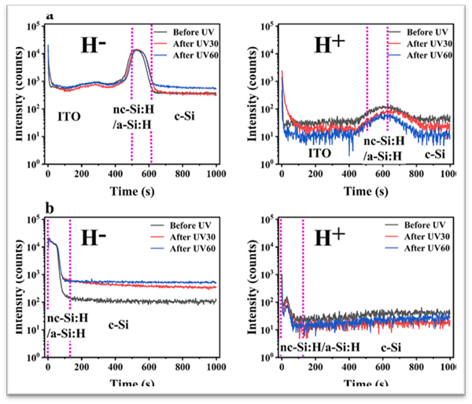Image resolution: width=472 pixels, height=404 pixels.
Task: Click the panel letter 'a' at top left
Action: point(50,14)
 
